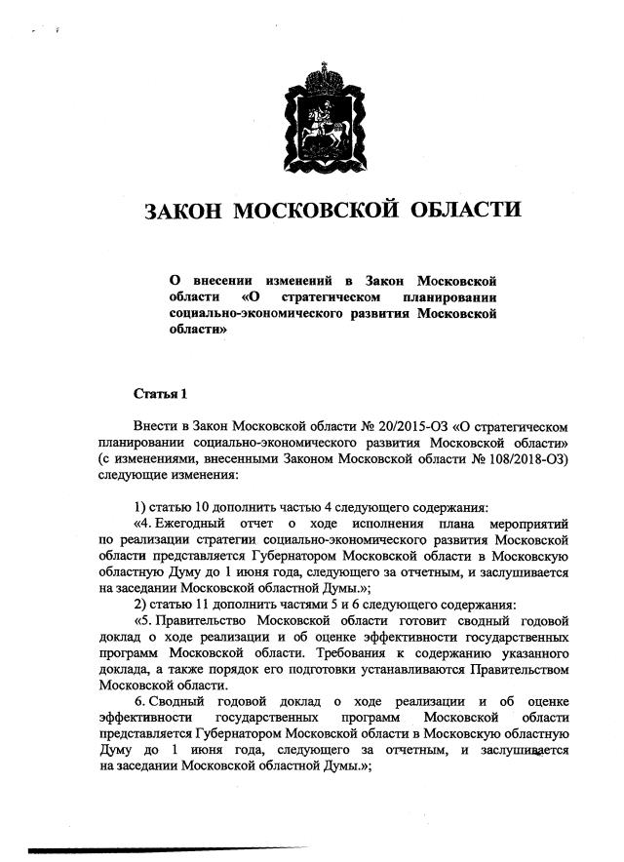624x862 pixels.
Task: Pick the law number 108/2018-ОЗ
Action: [x=508, y=458]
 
